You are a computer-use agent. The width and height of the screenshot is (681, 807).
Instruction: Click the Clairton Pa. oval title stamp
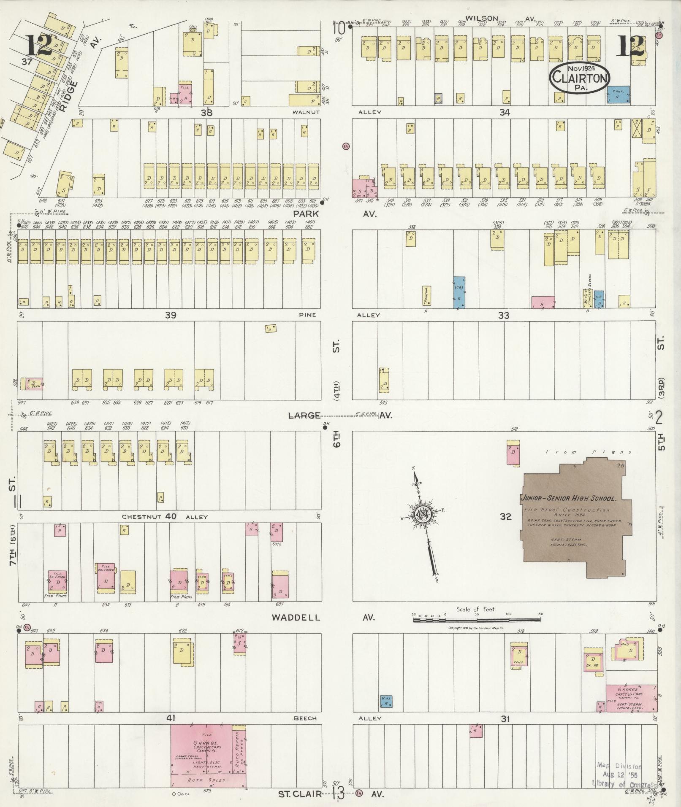tap(580, 78)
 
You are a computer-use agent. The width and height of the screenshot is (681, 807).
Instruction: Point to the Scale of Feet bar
tap(476, 620)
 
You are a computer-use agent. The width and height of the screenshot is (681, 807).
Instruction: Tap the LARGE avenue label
tap(304, 416)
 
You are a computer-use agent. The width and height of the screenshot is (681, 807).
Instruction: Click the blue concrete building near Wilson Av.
tap(618, 95)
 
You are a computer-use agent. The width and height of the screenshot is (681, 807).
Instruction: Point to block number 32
tap(505, 516)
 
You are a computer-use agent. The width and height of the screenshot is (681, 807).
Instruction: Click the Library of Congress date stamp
tap(619, 775)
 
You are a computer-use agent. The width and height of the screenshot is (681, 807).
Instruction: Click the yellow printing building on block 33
tap(426, 296)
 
